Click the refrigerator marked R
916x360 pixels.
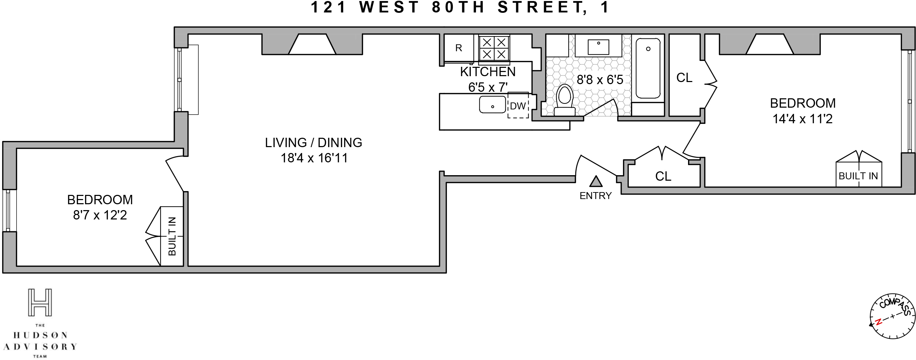459,48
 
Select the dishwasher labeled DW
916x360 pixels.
518,106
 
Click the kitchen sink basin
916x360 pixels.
493,105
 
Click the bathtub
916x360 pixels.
648,68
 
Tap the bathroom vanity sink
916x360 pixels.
598,47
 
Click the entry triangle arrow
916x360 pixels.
596,181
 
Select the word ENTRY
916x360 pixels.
596,196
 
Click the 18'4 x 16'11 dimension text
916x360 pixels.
314,158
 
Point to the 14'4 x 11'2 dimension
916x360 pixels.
803,119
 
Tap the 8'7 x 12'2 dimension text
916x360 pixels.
100,215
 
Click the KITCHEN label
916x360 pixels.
487,72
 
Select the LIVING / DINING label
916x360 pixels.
313,143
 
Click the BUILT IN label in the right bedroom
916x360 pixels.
858,176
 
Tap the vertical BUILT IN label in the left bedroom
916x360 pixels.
172,236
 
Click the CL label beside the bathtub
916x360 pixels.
684,78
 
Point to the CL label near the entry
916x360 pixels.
663,176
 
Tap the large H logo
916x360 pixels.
40,303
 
